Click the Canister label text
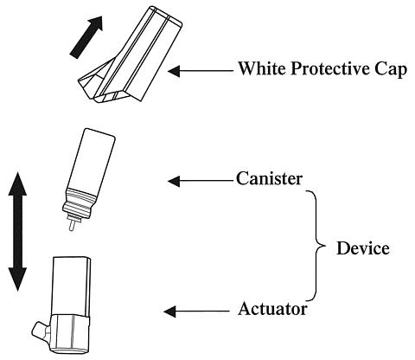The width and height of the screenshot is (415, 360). coord(269,178)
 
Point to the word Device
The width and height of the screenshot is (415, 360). coord(363,248)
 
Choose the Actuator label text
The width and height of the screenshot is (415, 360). coord(272,309)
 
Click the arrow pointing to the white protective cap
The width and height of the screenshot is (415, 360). coord(201,70)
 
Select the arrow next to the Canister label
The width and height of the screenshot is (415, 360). coord(201,181)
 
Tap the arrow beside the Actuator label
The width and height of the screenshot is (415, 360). coord(196,312)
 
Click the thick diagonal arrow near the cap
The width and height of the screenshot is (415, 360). coord(86,37)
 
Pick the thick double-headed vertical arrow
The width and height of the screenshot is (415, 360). coord(17,232)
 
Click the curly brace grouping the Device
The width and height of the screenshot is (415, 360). coord(317,246)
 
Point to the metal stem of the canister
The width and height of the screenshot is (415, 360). coord(72,224)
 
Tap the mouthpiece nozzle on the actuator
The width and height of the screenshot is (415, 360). coord(40,331)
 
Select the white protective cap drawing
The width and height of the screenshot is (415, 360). coord(130,55)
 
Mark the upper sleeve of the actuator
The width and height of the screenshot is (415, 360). coord(71,286)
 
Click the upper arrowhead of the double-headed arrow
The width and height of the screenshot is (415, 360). coord(17,183)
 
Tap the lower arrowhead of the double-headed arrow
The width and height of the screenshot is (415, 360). coord(17,280)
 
